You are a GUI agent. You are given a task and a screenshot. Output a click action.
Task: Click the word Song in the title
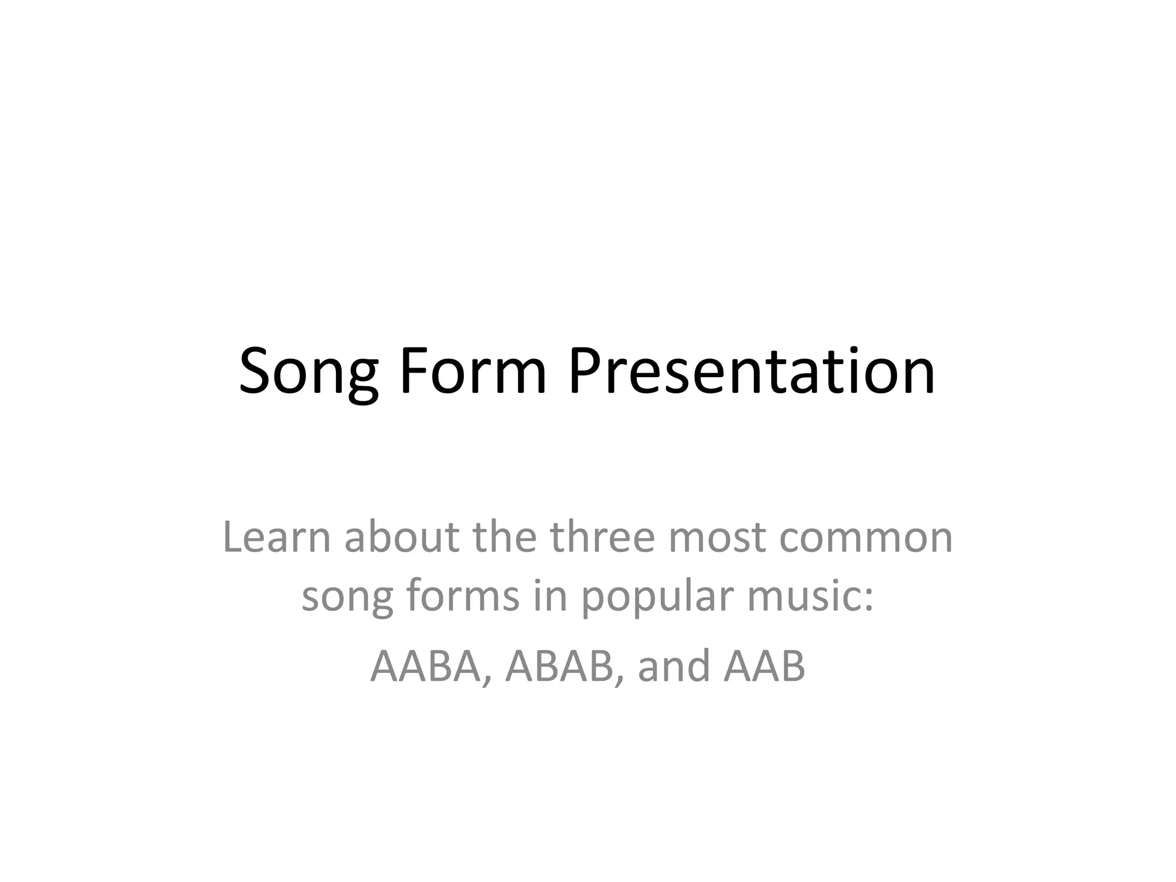[x=308, y=372]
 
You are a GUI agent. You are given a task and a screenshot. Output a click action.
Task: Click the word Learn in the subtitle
[x=277, y=537]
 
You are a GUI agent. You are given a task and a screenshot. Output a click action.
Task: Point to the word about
[x=401, y=537]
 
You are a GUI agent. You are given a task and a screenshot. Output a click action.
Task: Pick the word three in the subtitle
[x=602, y=537]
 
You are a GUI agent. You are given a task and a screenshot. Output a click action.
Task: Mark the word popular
[x=657, y=597]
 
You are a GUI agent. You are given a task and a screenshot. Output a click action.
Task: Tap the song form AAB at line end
[x=765, y=666]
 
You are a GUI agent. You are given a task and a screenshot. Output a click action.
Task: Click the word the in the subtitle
[x=504, y=537]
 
